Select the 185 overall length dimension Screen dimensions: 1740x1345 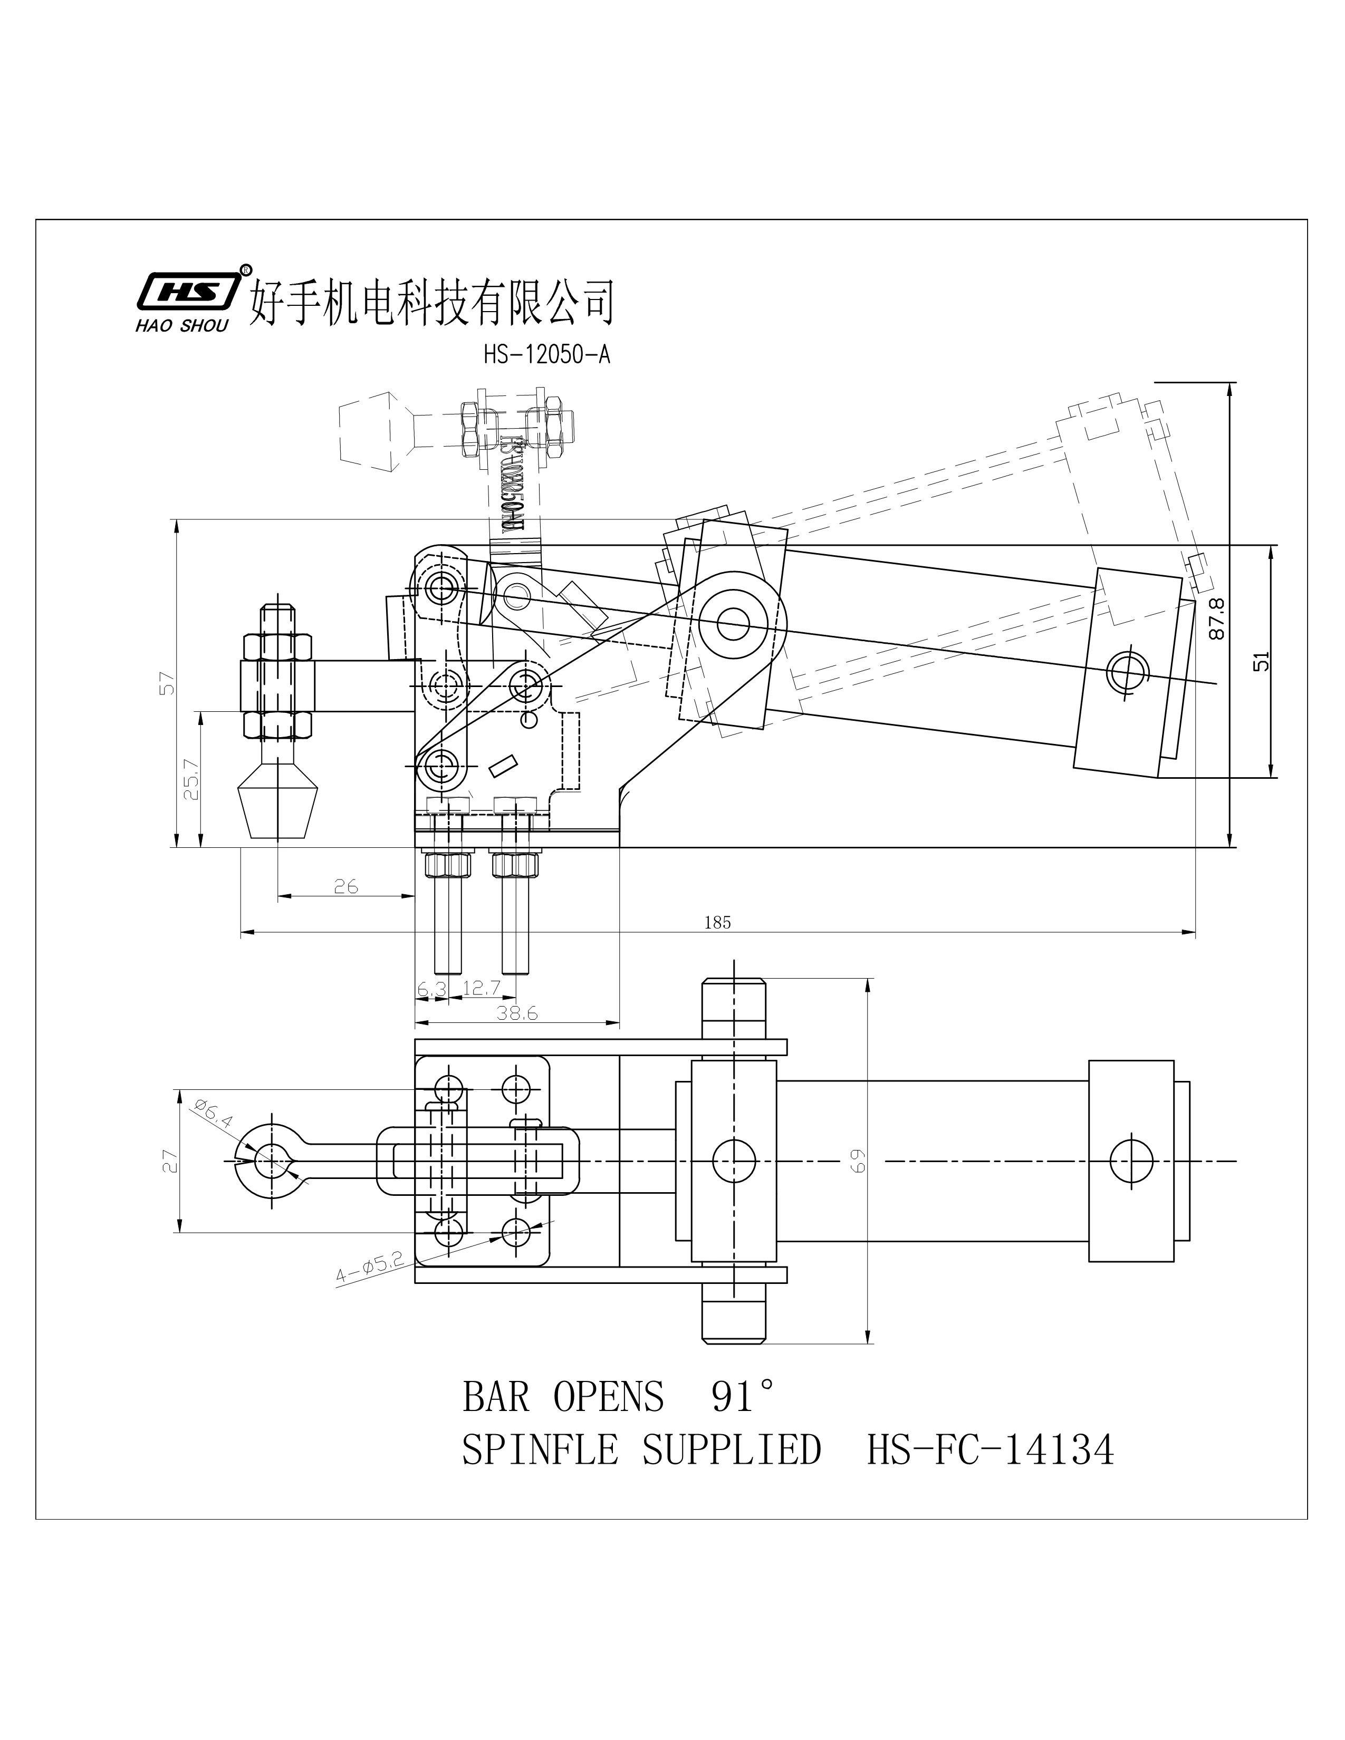(x=717, y=923)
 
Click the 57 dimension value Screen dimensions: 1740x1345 (x=167, y=683)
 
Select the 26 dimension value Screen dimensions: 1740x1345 (x=346, y=886)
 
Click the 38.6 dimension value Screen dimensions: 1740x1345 (x=517, y=1013)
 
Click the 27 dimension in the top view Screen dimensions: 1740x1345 (x=167, y=1161)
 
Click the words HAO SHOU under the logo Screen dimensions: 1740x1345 (x=182, y=325)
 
